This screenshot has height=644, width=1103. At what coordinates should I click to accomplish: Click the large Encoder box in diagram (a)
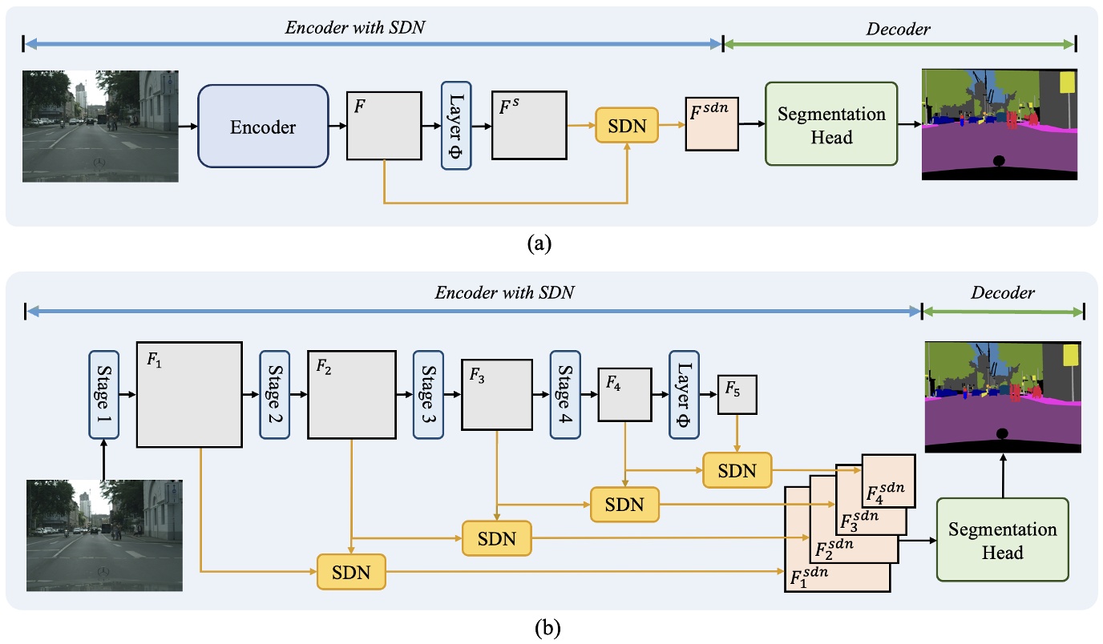click(263, 127)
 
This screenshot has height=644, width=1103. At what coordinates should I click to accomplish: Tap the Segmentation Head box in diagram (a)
click(830, 124)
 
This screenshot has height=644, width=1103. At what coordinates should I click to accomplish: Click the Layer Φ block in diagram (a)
click(455, 125)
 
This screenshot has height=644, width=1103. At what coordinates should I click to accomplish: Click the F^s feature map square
click(529, 126)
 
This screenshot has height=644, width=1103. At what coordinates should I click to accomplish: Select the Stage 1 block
click(103, 394)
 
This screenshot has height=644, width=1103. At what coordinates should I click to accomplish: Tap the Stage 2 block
click(275, 394)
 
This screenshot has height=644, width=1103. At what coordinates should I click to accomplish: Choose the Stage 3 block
click(428, 394)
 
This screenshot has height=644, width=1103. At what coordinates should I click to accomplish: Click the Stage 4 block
click(565, 394)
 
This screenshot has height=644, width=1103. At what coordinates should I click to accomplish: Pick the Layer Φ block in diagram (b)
click(684, 394)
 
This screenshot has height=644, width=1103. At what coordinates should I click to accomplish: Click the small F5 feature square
click(737, 394)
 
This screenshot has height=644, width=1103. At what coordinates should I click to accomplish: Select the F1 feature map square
click(189, 394)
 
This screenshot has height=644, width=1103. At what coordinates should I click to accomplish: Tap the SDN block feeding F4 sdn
click(737, 470)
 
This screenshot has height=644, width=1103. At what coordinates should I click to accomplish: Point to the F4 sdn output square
click(888, 481)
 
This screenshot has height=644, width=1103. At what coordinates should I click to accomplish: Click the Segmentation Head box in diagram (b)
click(1002, 540)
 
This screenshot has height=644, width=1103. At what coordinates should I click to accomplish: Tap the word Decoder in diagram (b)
click(1002, 293)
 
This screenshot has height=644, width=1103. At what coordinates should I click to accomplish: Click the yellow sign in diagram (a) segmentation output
click(1067, 83)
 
